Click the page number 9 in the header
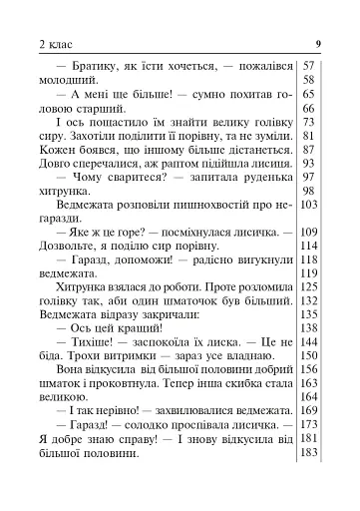tap(316, 43)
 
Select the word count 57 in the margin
tap(308, 65)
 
